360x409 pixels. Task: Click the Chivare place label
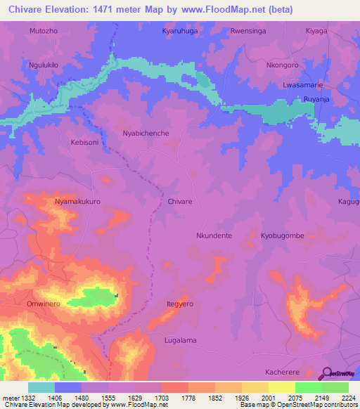click(180, 201)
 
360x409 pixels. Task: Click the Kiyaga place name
click(317, 32)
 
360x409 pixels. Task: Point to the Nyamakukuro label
click(78, 201)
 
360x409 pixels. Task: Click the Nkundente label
click(214, 236)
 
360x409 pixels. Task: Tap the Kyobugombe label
click(283, 236)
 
